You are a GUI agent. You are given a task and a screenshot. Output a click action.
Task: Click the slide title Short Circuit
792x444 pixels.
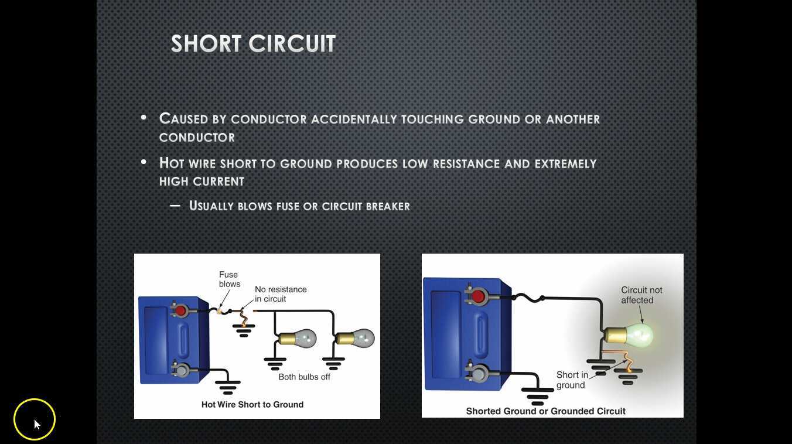(253, 44)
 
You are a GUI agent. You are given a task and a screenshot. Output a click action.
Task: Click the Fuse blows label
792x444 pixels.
(229, 279)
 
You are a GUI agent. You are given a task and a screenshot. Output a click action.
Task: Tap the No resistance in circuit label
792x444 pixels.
(281, 294)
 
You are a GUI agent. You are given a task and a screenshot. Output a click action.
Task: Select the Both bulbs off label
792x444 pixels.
(304, 377)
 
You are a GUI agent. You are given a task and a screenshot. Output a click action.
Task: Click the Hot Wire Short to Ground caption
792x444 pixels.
(252, 404)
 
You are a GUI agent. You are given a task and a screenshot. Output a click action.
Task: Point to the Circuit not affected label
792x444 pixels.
(641, 295)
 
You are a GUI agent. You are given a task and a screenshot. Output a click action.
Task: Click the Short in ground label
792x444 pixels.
(572, 380)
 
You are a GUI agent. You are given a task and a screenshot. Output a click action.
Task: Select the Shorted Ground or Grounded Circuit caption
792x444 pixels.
(545, 411)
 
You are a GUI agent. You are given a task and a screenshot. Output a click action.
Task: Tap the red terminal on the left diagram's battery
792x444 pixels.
(181, 310)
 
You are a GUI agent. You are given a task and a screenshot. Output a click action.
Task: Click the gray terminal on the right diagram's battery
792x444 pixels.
(478, 373)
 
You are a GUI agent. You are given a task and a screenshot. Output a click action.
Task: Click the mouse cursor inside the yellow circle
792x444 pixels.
(36, 423)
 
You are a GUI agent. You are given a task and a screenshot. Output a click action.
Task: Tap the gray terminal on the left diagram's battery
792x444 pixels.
(181, 370)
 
